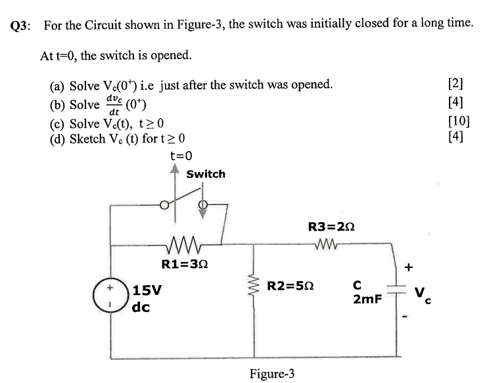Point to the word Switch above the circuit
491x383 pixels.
pos(205,174)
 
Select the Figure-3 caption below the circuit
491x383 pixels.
pos(271,374)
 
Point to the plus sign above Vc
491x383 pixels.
pos(408,267)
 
